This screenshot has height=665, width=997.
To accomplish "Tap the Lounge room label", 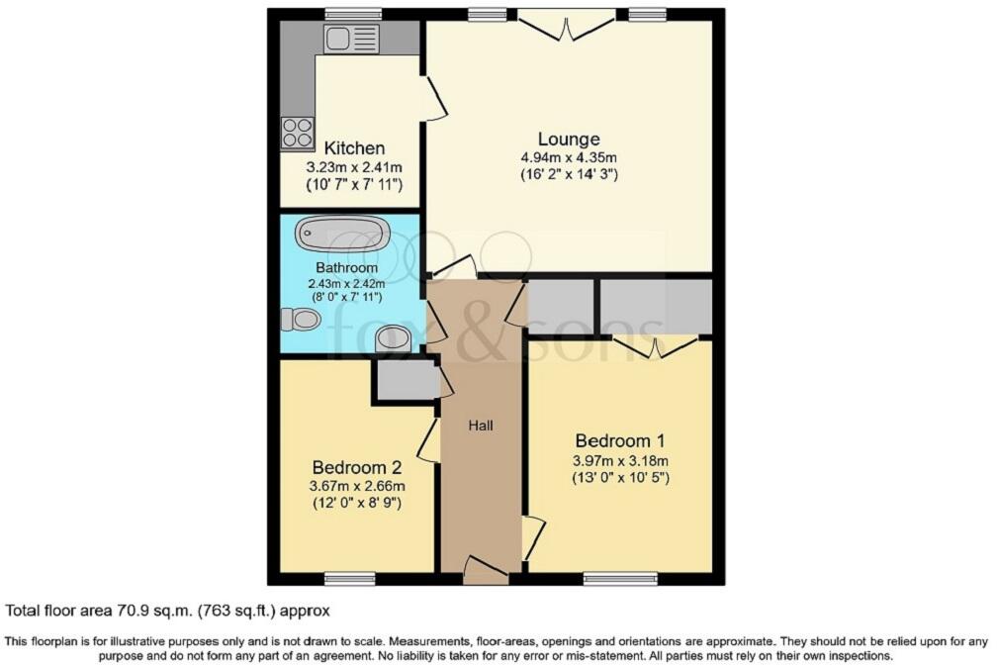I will coord(569,139).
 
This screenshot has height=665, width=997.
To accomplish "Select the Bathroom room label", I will coord(347,268).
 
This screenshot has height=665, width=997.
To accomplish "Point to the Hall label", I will coord(481,426).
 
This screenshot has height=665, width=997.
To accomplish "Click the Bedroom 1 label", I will coord(620,440).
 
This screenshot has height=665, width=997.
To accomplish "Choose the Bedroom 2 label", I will coord(357,467).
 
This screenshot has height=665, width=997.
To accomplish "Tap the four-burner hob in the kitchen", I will coord(296,133).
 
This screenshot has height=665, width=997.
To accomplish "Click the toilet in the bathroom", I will coord(301,319).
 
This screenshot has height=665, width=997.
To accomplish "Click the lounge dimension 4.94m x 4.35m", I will coord(569,157).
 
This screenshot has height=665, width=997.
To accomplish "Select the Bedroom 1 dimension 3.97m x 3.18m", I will coord(620,460).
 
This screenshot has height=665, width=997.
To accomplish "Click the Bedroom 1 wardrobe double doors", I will coord(655,346).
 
